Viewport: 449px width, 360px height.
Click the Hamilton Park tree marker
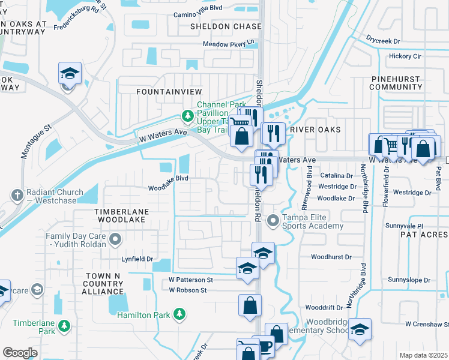[178, 314]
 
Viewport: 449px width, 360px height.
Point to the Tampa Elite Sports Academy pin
[273, 221]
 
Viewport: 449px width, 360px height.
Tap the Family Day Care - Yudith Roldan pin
[115, 240]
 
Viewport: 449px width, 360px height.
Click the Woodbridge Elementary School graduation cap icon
[360, 331]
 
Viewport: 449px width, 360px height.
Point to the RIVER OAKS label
[315, 130]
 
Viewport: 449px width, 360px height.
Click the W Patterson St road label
[191, 280]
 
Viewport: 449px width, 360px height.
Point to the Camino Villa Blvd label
[197, 14]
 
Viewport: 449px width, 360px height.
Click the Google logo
[20, 353]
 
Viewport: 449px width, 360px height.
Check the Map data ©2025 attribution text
[423, 355]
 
